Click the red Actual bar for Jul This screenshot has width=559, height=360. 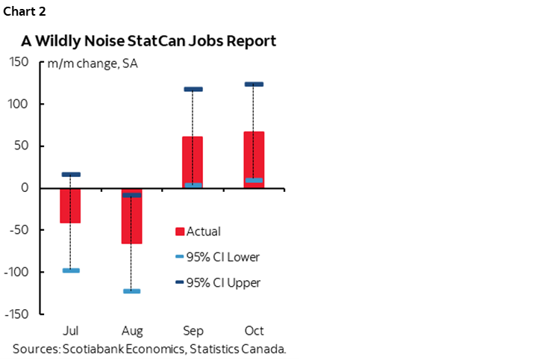coord(71,205)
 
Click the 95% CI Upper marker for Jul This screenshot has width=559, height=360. coord(71,174)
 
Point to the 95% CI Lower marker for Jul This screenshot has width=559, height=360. coord(71,270)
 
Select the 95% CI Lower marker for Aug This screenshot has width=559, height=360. coord(132,291)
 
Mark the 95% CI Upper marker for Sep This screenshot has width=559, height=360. coord(193,90)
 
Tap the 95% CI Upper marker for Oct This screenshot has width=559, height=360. coord(254,84)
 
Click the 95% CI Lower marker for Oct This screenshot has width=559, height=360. coord(254,180)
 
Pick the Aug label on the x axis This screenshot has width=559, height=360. coord(132,330)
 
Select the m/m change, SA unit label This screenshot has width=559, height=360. coord(93,63)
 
